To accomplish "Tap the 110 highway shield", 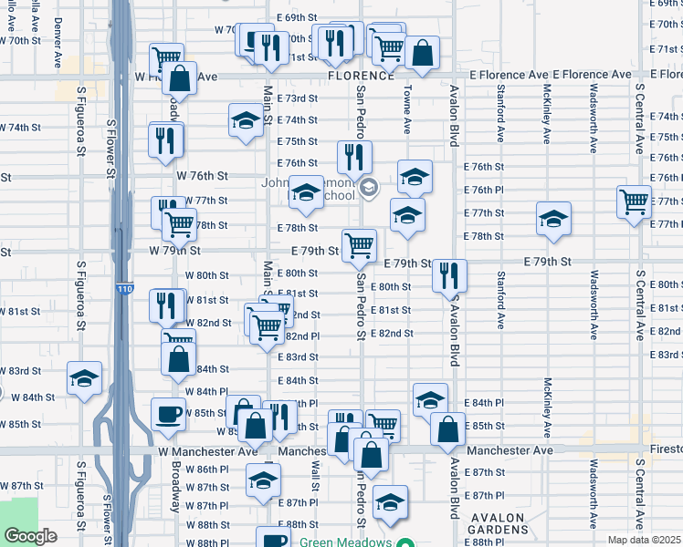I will pyautogui.click(x=125, y=290).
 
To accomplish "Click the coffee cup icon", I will pyautogui.click(x=168, y=415).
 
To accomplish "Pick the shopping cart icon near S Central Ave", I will pyautogui.click(x=634, y=201).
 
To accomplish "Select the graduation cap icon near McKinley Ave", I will pyautogui.click(x=552, y=219).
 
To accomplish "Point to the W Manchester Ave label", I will pyautogui.click(x=207, y=451).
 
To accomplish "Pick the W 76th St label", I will pyautogui.click(x=201, y=175).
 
